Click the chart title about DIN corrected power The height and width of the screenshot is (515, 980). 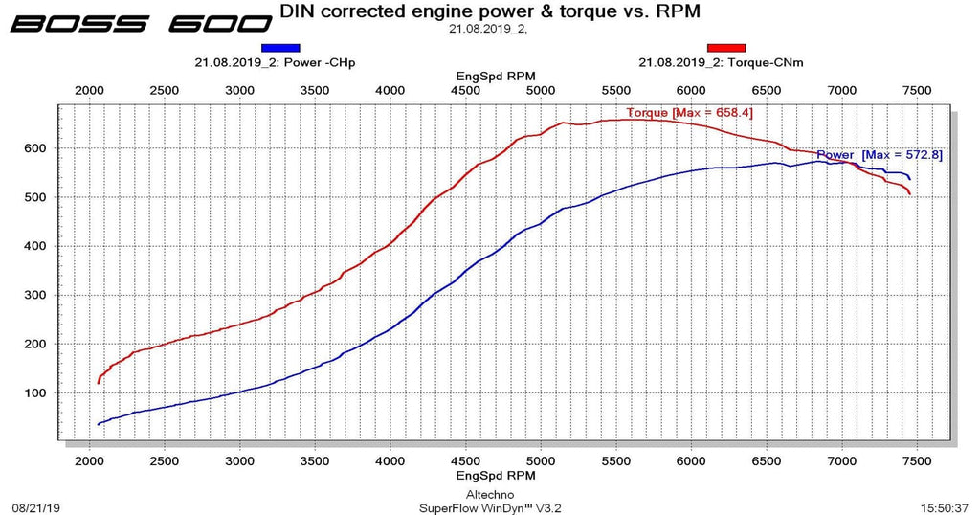[x=490, y=11]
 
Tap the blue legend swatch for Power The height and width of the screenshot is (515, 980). [x=280, y=47]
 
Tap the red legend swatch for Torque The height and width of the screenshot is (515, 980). [x=726, y=47]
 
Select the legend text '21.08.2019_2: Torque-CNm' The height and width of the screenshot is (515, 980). [x=721, y=63]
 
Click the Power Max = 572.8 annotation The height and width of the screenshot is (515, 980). [x=880, y=154]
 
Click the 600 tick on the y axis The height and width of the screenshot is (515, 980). [x=35, y=148]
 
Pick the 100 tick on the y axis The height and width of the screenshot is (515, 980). [x=35, y=393]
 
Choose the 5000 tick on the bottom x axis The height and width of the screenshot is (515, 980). [x=541, y=461]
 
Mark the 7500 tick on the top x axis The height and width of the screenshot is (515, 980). [x=917, y=90]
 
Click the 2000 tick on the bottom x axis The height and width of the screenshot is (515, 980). [x=89, y=461]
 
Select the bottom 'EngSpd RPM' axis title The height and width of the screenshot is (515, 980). [x=496, y=475]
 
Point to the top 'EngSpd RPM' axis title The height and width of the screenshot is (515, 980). [x=496, y=76]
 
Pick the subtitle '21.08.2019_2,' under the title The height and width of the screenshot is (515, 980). [x=488, y=29]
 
